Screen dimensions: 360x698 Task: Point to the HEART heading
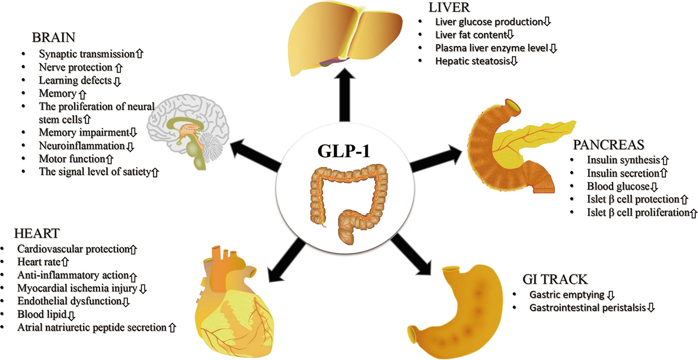[29, 234]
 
